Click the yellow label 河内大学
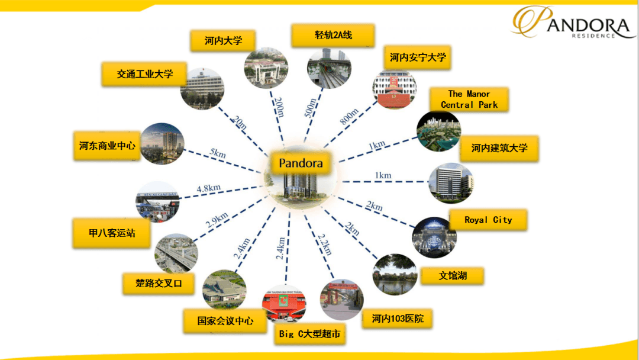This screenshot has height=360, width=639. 223,41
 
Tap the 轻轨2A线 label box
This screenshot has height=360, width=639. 333,36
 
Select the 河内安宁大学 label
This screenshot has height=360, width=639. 417,57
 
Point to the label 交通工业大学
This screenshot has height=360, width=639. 144,74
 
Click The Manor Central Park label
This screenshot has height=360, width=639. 469,99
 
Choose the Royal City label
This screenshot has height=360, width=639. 488,220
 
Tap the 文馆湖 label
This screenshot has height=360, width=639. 453,276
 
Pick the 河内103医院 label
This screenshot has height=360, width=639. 398,319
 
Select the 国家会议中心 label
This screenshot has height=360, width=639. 225,322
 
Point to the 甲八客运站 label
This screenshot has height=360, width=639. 112,233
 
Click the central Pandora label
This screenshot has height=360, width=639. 301,163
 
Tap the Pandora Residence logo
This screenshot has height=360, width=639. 573,22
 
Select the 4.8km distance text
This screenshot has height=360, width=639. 209,188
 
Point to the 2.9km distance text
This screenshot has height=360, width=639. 217,220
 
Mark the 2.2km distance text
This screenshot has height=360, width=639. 325,244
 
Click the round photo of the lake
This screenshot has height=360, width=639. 395,274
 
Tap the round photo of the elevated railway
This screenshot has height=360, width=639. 330,69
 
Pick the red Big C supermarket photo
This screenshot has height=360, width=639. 284,304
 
